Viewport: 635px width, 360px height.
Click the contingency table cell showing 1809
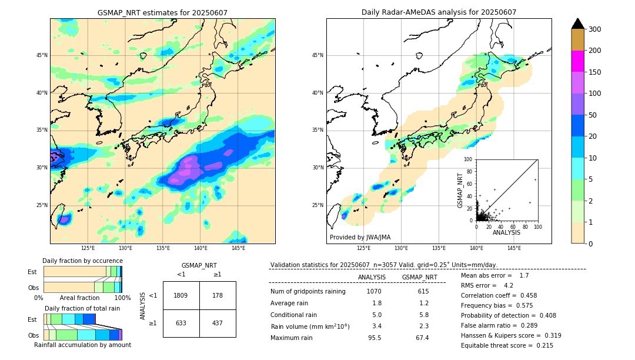coord(181,295)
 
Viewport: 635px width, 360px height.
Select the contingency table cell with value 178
coord(218,295)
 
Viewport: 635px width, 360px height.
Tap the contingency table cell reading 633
coord(181,323)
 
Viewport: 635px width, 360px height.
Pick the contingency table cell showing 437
coord(218,323)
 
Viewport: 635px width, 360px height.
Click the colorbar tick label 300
coord(595,29)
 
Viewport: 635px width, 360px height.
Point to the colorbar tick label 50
coord(593,115)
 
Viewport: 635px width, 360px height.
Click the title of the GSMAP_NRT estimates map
coord(162,12)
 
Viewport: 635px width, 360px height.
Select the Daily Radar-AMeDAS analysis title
coord(439,12)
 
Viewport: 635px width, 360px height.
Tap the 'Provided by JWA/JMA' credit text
coord(360,238)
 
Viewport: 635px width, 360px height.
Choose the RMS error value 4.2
coord(509,285)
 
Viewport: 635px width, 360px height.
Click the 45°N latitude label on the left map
coord(42,55)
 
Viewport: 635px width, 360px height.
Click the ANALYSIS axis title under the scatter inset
coord(506,233)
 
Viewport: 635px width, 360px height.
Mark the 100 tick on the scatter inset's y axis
coord(469,159)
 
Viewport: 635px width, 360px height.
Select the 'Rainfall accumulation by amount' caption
coord(88,345)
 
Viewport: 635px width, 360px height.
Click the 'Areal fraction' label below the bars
coord(80,298)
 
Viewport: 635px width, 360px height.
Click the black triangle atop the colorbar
coord(578,24)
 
